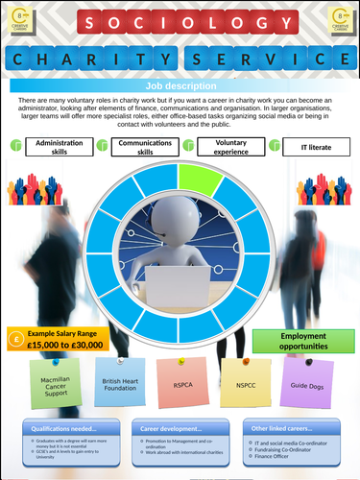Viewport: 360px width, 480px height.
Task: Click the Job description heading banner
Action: pyautogui.click(x=180, y=84)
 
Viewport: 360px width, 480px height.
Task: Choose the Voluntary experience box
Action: pyautogui.click(x=231, y=146)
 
